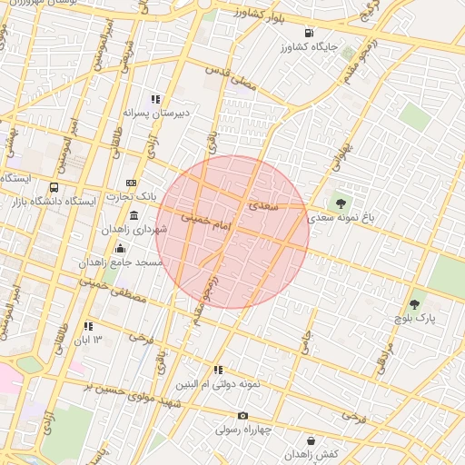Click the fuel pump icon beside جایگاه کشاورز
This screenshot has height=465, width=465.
tap(311, 34)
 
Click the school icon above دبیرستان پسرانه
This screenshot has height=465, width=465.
tap(155, 99)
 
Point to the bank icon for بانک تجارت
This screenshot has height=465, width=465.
tap(131, 182)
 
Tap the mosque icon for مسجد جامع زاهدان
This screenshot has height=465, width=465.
tap(120, 248)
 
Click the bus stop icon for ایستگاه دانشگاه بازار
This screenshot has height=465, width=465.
tap(54, 188)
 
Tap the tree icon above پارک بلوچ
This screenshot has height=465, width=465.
tap(414, 304)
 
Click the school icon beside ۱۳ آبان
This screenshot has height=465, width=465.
tap(88, 326)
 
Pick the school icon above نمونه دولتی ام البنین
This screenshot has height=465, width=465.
tap(218, 370)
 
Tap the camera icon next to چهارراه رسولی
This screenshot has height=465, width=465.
tap(242, 416)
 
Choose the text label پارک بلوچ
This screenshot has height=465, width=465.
tap(415, 320)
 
